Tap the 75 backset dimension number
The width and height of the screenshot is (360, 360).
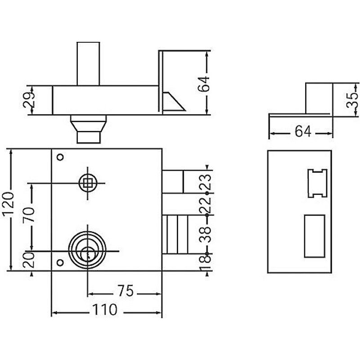pos(125,292)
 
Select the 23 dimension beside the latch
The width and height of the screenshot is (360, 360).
pos(205,182)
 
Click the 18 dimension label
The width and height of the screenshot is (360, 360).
pos(205,260)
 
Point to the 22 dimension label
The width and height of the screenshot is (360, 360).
pos(205,205)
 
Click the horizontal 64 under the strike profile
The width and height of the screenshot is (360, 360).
pos(302,131)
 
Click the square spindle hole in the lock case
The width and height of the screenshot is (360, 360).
pos(87,183)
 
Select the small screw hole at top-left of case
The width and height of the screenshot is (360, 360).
pos(60,157)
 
